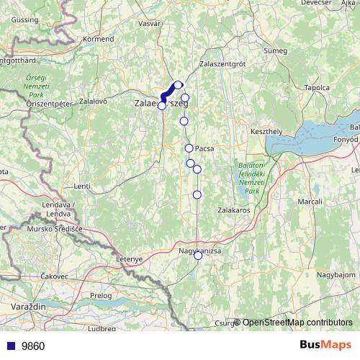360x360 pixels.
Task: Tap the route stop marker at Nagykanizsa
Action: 198,255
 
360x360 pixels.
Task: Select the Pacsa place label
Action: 204,148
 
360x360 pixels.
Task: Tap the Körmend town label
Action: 99,38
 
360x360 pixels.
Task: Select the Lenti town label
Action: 82,186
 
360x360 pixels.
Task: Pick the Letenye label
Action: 130,258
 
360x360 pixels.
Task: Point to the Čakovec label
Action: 54,276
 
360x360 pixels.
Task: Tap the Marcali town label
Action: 310,202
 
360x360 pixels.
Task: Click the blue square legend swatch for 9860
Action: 12,346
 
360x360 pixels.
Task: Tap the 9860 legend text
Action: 33,346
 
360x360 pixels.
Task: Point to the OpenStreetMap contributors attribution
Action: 297,322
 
